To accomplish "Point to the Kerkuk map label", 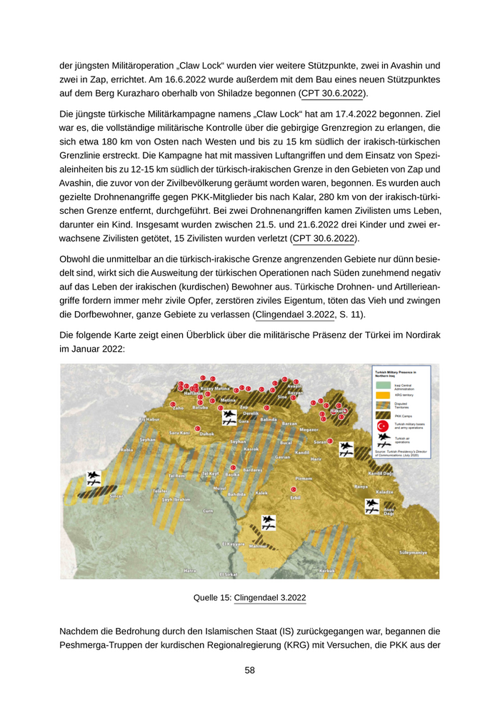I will pos(327,570).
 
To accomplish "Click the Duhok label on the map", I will pos(207,433).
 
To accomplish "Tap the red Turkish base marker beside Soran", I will pos(329,441).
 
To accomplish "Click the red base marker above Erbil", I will pos(293,489).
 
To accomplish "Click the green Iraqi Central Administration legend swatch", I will pos(383,385).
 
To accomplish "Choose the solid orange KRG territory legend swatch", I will pos(383,395).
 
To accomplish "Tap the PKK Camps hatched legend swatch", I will pos(383,416).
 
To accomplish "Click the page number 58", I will pos(249,670).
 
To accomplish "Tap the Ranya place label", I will pos(360,486).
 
